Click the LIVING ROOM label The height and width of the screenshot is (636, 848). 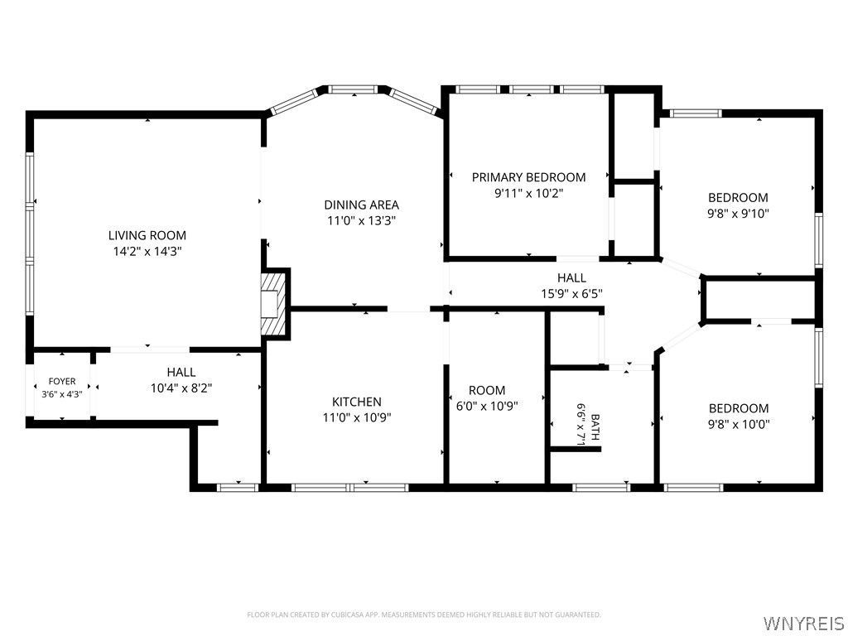tap(147, 235)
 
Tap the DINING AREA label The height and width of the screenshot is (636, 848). tap(361, 205)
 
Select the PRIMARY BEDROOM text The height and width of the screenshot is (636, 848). tap(528, 177)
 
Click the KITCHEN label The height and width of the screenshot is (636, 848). tap(356, 402)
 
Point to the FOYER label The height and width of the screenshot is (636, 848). tap(62, 381)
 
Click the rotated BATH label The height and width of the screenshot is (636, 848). tap(595, 427)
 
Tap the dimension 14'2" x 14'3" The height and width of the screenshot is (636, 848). tap(147, 251)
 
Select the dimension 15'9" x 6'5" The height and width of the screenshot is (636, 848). tap(571, 294)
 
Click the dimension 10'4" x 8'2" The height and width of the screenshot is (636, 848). tap(181, 388)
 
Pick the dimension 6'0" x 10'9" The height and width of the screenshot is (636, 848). tap(487, 406)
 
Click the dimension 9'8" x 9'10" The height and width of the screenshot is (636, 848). tap(738, 213)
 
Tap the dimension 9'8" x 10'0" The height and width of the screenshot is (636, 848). tap(739, 425)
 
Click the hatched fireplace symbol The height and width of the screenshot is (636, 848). tap(272, 303)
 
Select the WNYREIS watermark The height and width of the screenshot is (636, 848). tap(803, 623)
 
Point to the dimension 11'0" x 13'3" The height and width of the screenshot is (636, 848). tap(361, 220)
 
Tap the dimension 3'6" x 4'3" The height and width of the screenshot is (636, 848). tap(62, 394)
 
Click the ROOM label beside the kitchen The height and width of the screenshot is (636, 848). tap(487, 390)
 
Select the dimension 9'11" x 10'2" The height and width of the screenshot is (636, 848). tap(528, 193)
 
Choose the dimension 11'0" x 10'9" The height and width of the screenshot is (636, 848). tap(356, 417)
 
